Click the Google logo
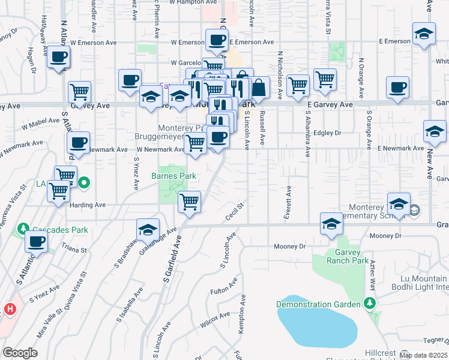(x=20, y=353)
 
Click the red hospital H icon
(x=9, y=310)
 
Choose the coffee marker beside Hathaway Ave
(x=58, y=58)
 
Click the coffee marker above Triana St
(x=37, y=242)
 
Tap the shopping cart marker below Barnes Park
(x=190, y=201)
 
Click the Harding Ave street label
(x=88, y=205)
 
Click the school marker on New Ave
(x=433, y=132)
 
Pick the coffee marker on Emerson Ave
(x=217, y=41)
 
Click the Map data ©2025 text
(x=423, y=355)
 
